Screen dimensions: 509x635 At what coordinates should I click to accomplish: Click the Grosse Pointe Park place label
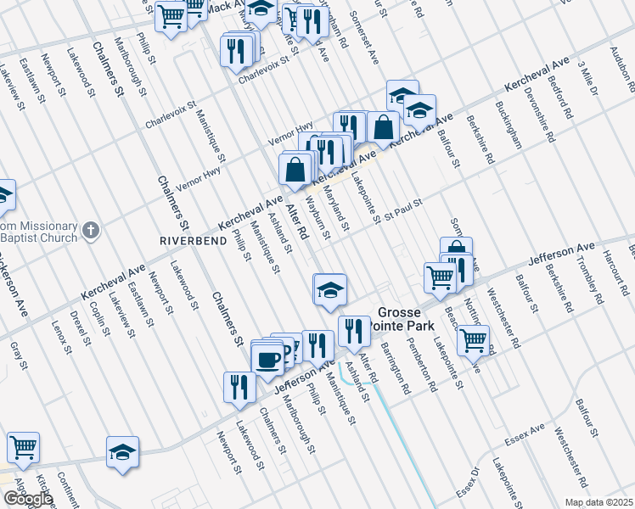tap(406, 319)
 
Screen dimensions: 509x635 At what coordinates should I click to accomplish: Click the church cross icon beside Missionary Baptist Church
tap(92, 230)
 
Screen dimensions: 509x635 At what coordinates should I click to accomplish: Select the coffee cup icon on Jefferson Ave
tap(268, 358)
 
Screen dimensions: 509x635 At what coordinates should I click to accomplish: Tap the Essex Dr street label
tap(468, 483)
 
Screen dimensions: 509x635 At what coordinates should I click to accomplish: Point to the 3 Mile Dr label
tap(587, 77)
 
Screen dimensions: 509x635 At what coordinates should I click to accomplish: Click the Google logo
tap(27, 499)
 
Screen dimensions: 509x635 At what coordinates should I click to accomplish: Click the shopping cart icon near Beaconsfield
tap(473, 340)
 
